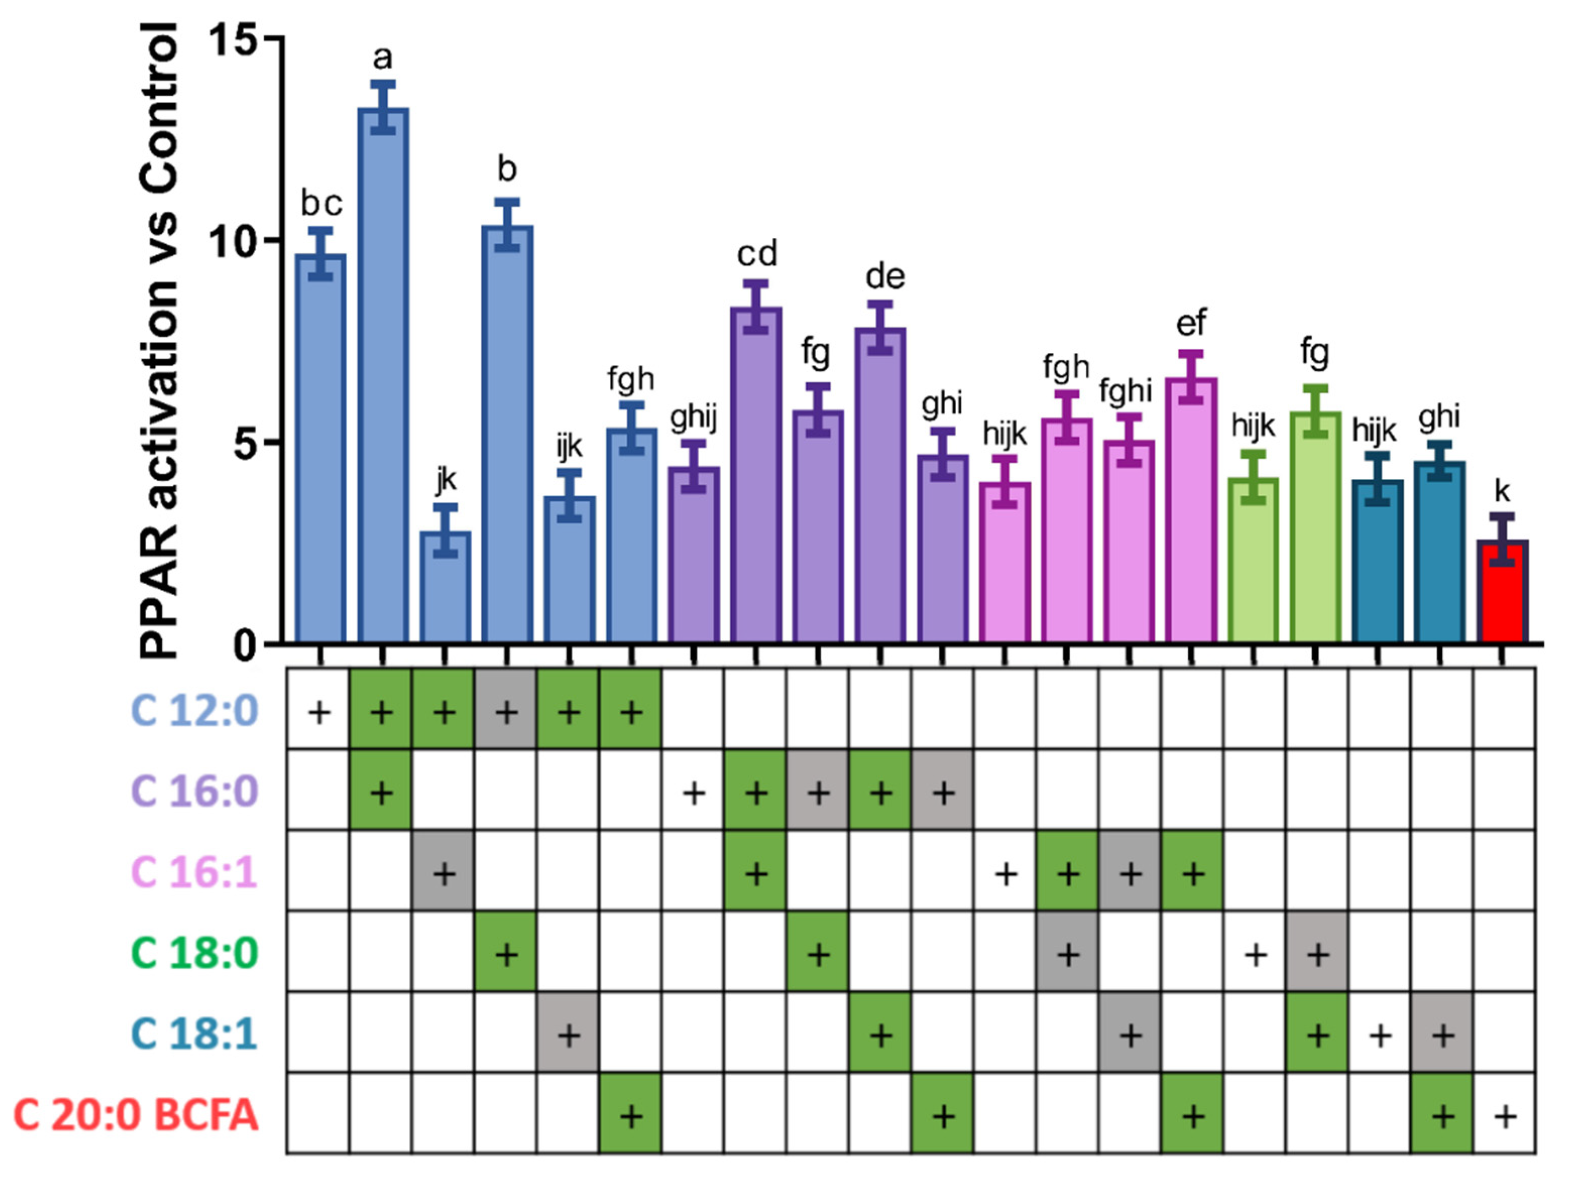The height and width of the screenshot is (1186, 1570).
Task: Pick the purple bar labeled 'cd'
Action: point(756,475)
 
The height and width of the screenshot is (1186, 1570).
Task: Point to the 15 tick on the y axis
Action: point(234,39)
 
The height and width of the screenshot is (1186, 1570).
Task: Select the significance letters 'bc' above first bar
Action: point(322,204)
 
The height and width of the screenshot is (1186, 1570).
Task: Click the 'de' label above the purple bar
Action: point(885,277)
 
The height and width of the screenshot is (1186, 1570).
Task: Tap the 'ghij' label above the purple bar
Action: point(693,418)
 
